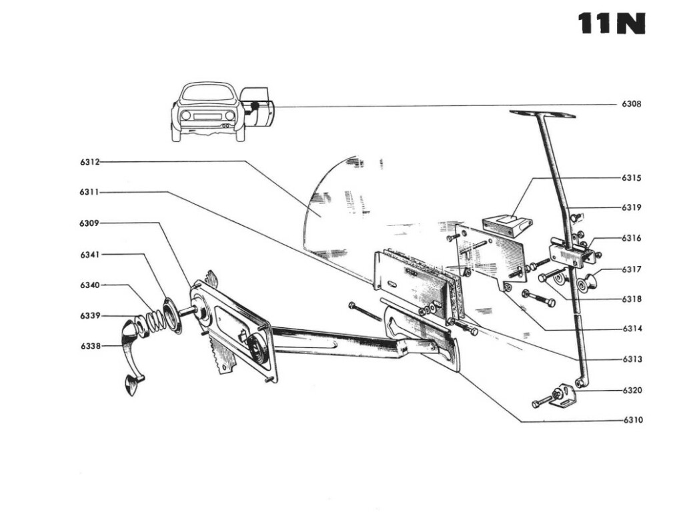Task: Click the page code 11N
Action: (x=612, y=23)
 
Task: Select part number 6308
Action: (x=632, y=104)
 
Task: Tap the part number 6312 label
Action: (x=89, y=161)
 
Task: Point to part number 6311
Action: (x=89, y=192)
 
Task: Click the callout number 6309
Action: (x=89, y=223)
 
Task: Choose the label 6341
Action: (x=89, y=254)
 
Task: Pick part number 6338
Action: (x=89, y=345)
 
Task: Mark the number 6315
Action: (x=632, y=178)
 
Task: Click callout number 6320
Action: (x=632, y=390)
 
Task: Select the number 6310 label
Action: (x=632, y=420)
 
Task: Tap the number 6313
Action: (x=632, y=359)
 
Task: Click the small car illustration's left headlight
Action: (x=185, y=115)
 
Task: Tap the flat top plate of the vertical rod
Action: (x=542, y=114)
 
